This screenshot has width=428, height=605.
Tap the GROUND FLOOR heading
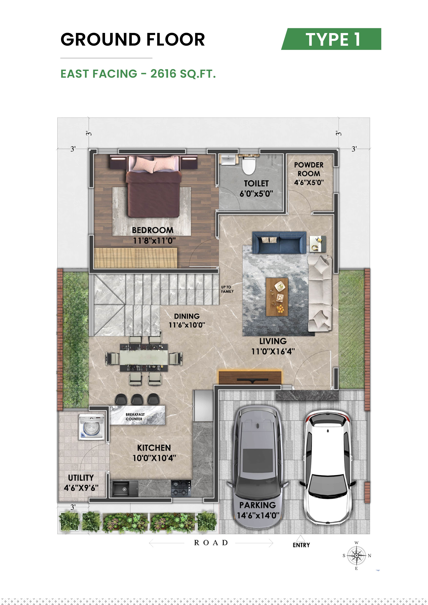coord(133,40)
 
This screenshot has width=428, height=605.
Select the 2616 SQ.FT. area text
coord(183,74)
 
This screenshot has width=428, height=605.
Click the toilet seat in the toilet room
coord(249,166)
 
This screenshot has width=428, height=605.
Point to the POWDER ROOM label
coord(309,169)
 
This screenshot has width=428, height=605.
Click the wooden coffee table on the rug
coord(277,296)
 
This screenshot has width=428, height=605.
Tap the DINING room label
coord(187,316)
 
